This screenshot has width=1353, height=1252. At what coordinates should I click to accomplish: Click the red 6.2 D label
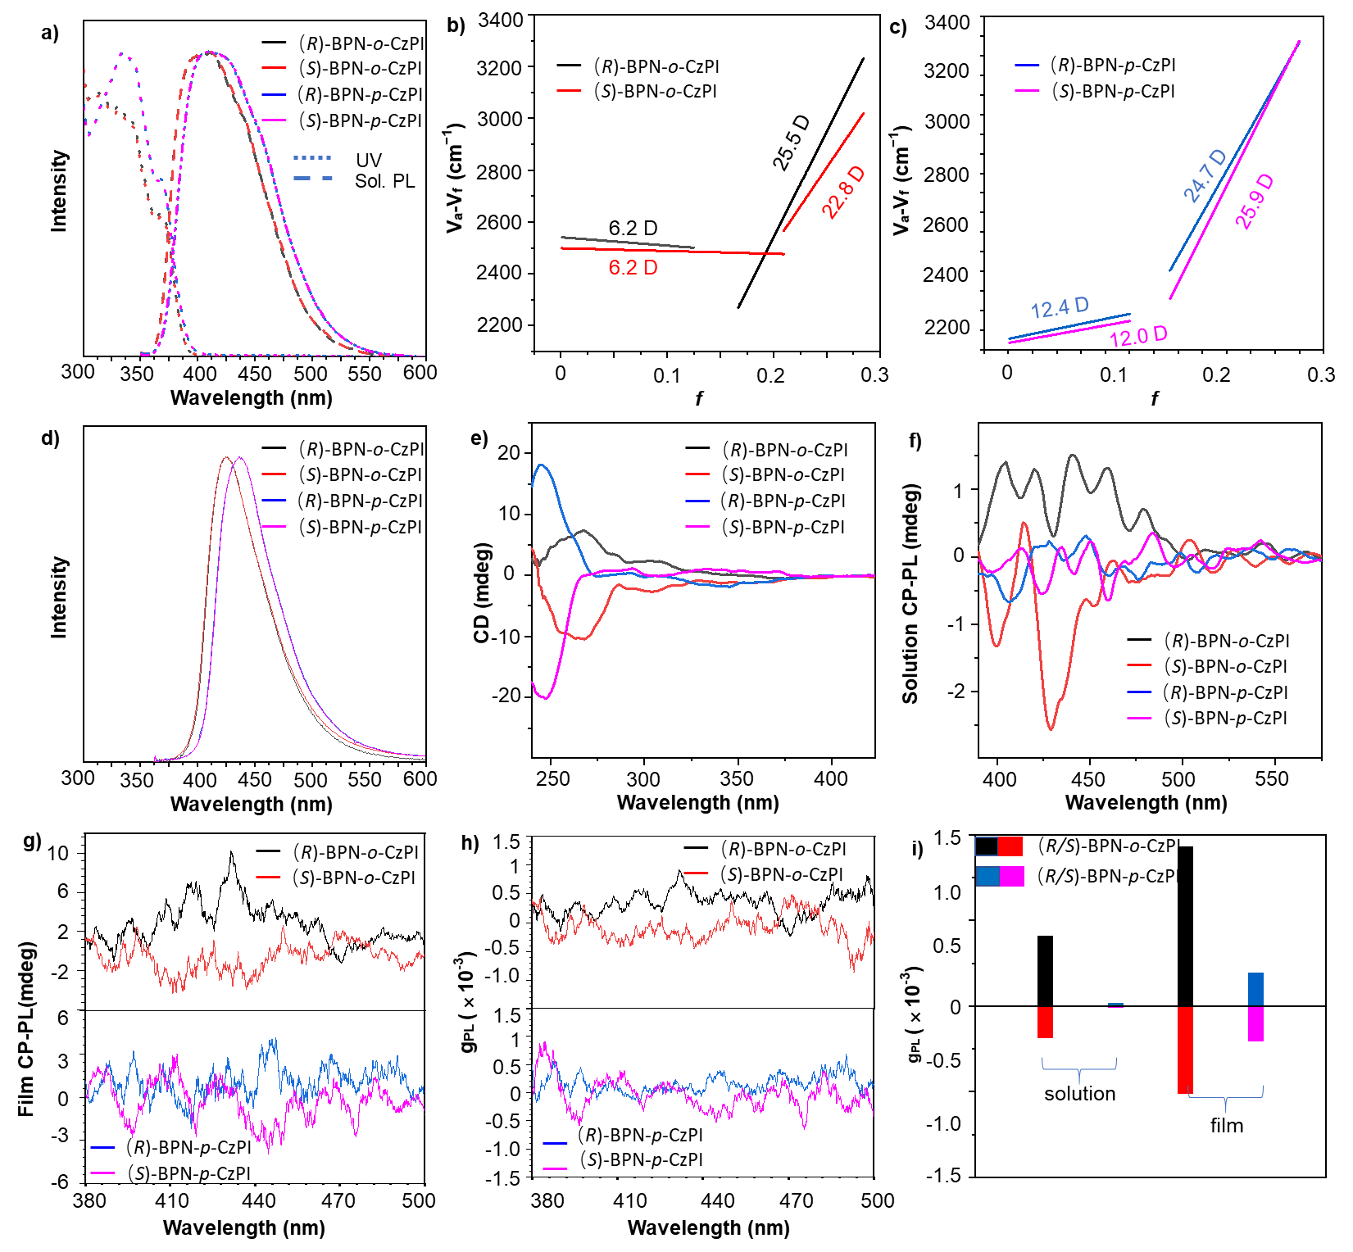pyautogui.click(x=633, y=268)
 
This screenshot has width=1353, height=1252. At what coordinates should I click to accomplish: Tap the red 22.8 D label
pyautogui.click(x=843, y=193)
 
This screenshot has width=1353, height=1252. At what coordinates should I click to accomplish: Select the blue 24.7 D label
pyautogui.click(x=1205, y=175)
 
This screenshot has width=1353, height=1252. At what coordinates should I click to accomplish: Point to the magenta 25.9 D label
pyautogui.click(x=1255, y=202)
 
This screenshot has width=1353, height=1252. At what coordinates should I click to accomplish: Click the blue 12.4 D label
pyautogui.click(x=1060, y=308)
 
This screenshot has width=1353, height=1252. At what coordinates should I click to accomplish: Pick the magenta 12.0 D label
pyautogui.click(x=1138, y=336)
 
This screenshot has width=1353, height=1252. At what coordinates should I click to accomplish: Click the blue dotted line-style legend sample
pyautogui.click(x=312, y=157)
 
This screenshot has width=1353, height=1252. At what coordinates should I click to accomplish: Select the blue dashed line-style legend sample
pyautogui.click(x=312, y=178)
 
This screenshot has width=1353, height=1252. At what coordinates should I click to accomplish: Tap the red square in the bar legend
pyautogui.click(x=1010, y=846)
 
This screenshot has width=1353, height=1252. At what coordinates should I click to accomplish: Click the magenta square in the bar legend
pyautogui.click(x=1012, y=877)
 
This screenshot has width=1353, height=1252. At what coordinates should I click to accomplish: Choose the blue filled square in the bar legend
pyautogui.click(x=988, y=877)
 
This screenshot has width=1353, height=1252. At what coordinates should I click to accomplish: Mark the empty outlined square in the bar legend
pyautogui.click(x=986, y=846)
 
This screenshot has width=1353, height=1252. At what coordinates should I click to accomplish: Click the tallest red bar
pyautogui.click(x=1185, y=1050)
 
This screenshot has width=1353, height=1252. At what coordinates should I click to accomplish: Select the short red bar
pyautogui.click(x=1045, y=1023)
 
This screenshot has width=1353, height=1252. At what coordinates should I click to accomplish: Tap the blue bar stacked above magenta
pyautogui.click(x=1255, y=989)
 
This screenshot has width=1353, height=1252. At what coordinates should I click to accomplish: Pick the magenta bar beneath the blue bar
pyautogui.click(x=1255, y=1024)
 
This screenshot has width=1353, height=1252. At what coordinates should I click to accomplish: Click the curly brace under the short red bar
pyautogui.click(x=1079, y=1070)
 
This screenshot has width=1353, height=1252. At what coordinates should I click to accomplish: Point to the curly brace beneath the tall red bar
pyautogui.click(x=1226, y=1098)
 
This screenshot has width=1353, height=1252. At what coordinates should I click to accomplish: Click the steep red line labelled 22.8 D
pyautogui.click(x=824, y=172)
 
